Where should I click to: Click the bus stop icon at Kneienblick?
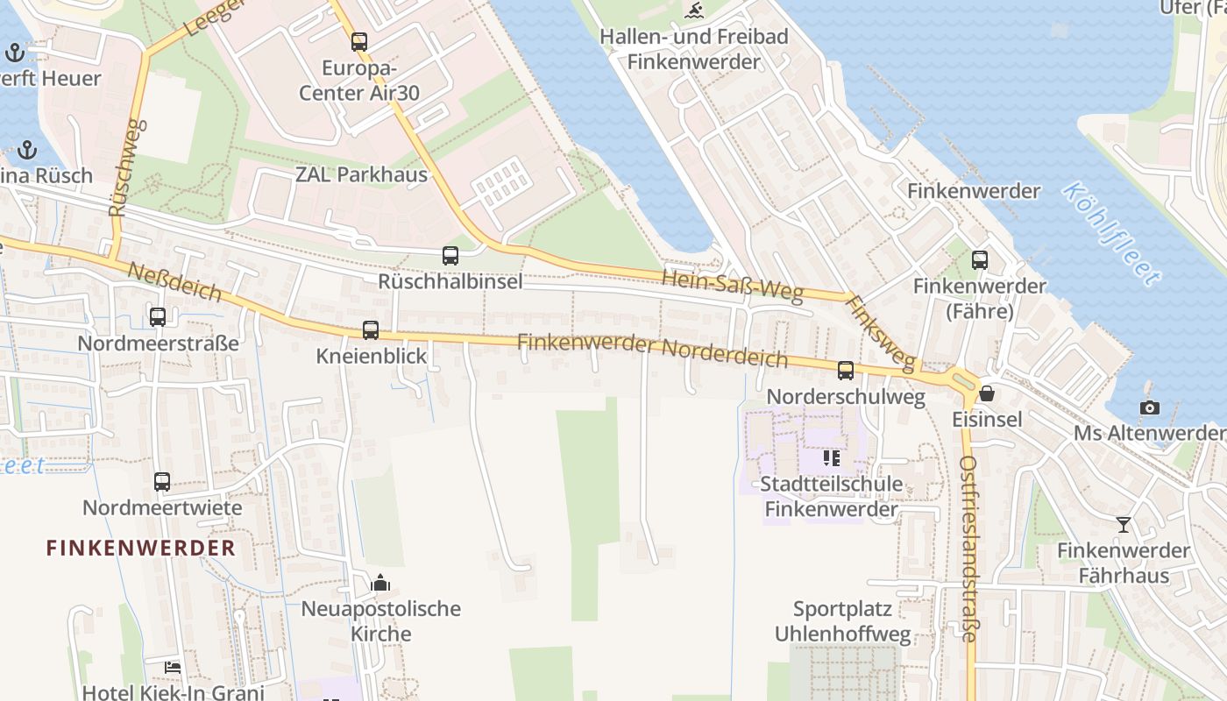pyautogui.click(x=371, y=330)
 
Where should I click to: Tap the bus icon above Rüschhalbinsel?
pyautogui.click(x=450, y=256)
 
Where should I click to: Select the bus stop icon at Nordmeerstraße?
pyautogui.click(x=158, y=317)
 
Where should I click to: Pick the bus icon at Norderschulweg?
pyautogui.click(x=846, y=371)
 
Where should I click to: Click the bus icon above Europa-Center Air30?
pyautogui.click(x=359, y=41)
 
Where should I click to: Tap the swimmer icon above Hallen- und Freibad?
pyautogui.click(x=694, y=11)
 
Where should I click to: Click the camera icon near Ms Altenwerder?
pyautogui.click(x=1149, y=407)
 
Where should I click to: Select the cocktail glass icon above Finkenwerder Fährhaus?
pyautogui.click(x=1124, y=525)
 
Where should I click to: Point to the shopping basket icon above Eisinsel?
pyautogui.click(x=988, y=393)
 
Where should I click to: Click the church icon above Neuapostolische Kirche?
pyautogui.click(x=380, y=583)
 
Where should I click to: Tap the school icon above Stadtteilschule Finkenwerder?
pyautogui.click(x=832, y=457)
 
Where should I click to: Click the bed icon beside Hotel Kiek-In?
pyautogui.click(x=173, y=667)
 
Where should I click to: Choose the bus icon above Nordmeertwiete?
pyautogui.click(x=162, y=481)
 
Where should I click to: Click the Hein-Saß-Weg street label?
pyautogui.click(x=733, y=286)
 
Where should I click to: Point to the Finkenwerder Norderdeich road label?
pyautogui.click(x=652, y=350)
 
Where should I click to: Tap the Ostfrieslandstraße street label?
pyautogui.click(x=968, y=549)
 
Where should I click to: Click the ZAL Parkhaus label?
pyautogui.click(x=361, y=174)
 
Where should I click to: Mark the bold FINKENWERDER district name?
pyautogui.click(x=141, y=549)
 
